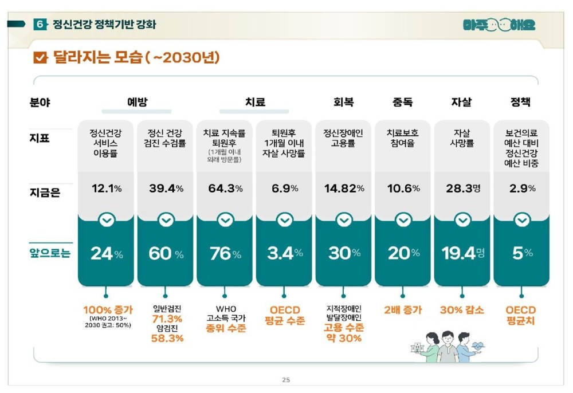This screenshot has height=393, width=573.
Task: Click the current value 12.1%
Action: click(106, 188)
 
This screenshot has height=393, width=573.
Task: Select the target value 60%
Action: click(166, 254)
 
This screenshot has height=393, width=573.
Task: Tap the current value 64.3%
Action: click(225, 188)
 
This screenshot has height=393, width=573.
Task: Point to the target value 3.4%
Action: click(285, 254)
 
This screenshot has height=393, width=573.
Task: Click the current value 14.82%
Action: click(344, 188)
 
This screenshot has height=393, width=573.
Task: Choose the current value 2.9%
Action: click(521, 188)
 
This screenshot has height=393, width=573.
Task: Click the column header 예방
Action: click(137, 103)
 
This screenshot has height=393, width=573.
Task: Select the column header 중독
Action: click(402, 103)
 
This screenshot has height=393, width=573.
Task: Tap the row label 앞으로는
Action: click(50, 253)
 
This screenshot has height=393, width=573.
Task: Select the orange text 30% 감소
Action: click(462, 310)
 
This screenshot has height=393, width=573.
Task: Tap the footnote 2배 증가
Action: click(402, 310)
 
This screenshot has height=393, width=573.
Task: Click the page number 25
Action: click(286, 379)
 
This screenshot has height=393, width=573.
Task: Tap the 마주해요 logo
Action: click(499, 25)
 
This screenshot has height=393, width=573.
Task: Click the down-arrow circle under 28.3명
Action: click(462, 220)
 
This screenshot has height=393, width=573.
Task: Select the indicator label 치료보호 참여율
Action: click(403, 138)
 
